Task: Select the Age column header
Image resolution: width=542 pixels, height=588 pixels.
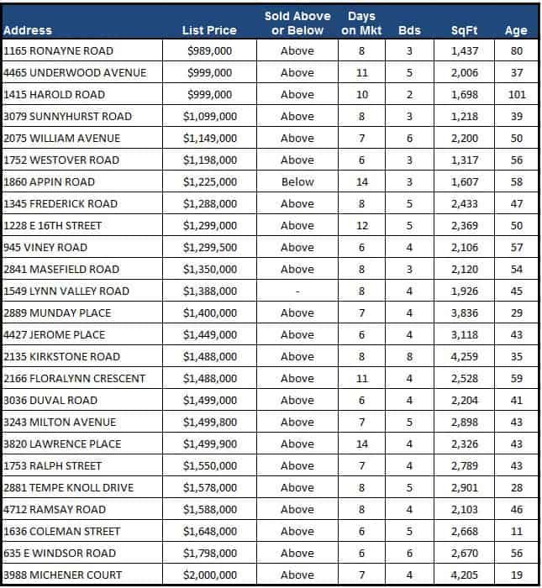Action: coord(516,30)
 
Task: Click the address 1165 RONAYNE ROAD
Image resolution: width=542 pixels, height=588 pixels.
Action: coord(58,50)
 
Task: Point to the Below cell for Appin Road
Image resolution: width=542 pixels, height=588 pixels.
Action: coord(297,181)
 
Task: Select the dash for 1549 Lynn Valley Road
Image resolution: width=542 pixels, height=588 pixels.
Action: coord(297,291)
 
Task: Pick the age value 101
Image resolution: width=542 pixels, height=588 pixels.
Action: coord(517,94)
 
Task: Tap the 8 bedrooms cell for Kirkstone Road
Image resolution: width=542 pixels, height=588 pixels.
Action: coord(409,356)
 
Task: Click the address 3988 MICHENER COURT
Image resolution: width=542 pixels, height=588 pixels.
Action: coord(63,575)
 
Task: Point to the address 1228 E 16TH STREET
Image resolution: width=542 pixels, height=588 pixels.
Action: coord(53,225)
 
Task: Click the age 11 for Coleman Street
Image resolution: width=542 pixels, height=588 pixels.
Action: coord(517,531)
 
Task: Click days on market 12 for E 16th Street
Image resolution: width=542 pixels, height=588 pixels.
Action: coord(362,225)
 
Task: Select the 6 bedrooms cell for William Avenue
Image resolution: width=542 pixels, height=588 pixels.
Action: coord(409,138)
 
